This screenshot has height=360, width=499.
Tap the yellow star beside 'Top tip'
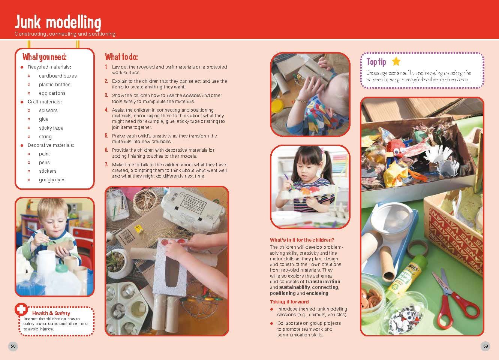(396, 62)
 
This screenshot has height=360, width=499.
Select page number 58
(13, 346)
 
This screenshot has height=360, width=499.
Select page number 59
(486, 346)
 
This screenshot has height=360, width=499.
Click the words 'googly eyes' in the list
(52, 180)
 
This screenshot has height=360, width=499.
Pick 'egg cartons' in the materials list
(52, 93)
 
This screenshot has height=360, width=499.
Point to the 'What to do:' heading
(121, 57)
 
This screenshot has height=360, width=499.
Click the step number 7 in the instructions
(106, 164)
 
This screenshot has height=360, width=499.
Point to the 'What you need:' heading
(44, 57)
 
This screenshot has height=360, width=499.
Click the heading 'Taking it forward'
(289, 302)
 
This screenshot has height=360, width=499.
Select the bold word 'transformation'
(323, 282)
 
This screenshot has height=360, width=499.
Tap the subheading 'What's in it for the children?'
(302, 240)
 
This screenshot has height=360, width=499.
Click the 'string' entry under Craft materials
(45, 137)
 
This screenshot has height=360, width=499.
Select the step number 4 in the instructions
(106, 110)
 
